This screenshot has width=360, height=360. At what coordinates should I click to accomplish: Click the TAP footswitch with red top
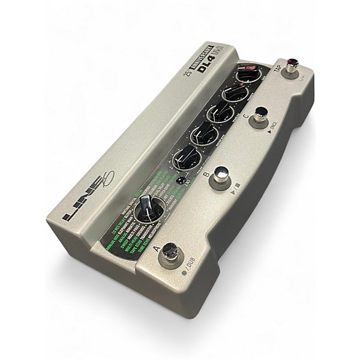294,65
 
